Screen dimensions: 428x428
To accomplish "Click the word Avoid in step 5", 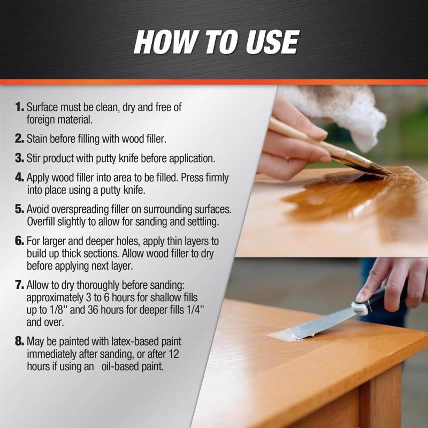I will click(x=39, y=209).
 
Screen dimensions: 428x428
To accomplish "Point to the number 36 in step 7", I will click(x=93, y=310).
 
